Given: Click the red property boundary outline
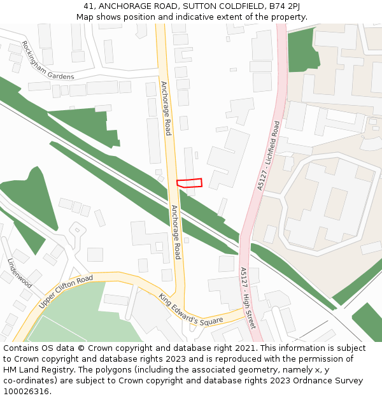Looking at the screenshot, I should (x=189, y=183).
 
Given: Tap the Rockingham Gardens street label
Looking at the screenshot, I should (x=48, y=60).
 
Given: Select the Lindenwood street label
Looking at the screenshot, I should (x=20, y=273).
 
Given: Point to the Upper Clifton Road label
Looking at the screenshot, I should (x=66, y=292).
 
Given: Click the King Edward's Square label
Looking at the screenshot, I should (x=191, y=309).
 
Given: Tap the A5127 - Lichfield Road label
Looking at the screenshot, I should (x=269, y=156).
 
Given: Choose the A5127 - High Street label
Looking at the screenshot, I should (x=248, y=297).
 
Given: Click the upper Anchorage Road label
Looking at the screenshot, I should (x=166, y=108).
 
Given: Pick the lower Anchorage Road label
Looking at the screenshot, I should (x=176, y=232).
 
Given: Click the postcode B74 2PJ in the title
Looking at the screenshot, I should (x=284, y=6).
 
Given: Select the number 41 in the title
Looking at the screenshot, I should (x=88, y=6).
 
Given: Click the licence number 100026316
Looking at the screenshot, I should (x=26, y=391).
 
